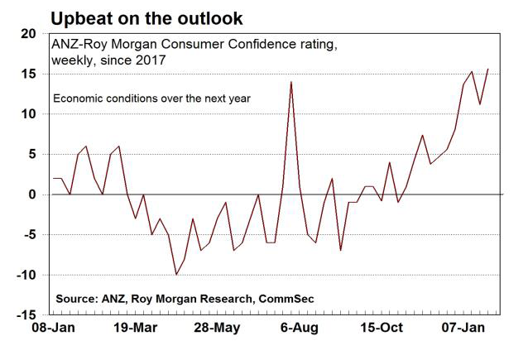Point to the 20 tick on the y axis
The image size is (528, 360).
(29, 33)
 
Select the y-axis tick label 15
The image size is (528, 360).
(29, 74)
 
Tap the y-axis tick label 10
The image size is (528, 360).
(29, 114)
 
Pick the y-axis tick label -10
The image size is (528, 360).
(26, 275)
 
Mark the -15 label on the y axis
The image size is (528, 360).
(26, 315)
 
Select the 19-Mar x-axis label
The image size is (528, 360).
(135, 329)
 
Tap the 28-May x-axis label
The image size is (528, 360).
(216, 329)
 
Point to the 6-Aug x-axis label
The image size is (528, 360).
(300, 329)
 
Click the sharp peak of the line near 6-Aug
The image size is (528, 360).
(291, 81)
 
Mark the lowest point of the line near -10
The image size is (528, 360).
(175, 274)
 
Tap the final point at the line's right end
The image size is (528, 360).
(488, 69)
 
